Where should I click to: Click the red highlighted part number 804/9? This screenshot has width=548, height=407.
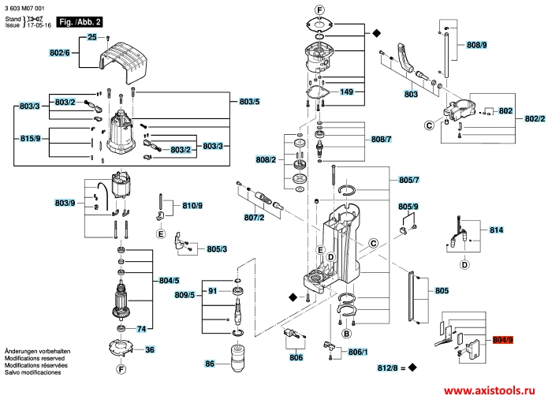(x=503, y=339)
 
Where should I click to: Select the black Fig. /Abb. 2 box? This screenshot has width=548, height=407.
(x=80, y=21)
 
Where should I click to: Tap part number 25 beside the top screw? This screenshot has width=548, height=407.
(x=92, y=37)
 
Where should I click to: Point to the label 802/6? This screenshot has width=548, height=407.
(x=60, y=53)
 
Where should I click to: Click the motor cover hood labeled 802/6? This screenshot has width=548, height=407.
(x=123, y=62)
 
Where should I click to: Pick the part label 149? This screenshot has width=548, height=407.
(x=346, y=91)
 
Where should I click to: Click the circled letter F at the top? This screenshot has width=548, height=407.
(x=319, y=10)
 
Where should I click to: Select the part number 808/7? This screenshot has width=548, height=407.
(x=381, y=139)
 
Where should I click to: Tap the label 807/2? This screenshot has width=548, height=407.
(x=254, y=218)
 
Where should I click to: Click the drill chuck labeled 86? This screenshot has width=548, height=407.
(x=237, y=357)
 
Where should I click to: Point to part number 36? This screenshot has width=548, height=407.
(x=150, y=349)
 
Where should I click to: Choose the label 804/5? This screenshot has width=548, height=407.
(x=170, y=281)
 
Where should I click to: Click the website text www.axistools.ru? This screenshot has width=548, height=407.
(x=490, y=390)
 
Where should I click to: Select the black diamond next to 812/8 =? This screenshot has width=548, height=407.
(x=412, y=368)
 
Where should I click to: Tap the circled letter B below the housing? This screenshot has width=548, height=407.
(x=346, y=334)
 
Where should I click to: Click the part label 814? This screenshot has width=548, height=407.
(x=496, y=230)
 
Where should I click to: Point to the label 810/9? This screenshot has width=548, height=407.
(x=192, y=206)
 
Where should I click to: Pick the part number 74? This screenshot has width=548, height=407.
(x=141, y=329)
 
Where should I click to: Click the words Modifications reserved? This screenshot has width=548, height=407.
(x=35, y=358)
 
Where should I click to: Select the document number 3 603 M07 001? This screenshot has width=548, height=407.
(x=24, y=8)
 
